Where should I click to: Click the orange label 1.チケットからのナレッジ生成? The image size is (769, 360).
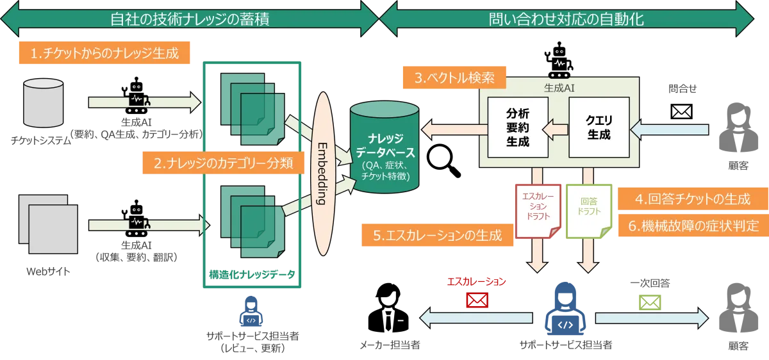(104, 54)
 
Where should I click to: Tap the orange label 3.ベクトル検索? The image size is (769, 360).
(454, 79)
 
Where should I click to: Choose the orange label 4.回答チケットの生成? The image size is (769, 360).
(692, 199)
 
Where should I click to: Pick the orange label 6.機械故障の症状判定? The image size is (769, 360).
(692, 225)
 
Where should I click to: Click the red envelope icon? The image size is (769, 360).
(477, 300)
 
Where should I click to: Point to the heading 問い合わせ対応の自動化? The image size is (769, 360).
(572, 19)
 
